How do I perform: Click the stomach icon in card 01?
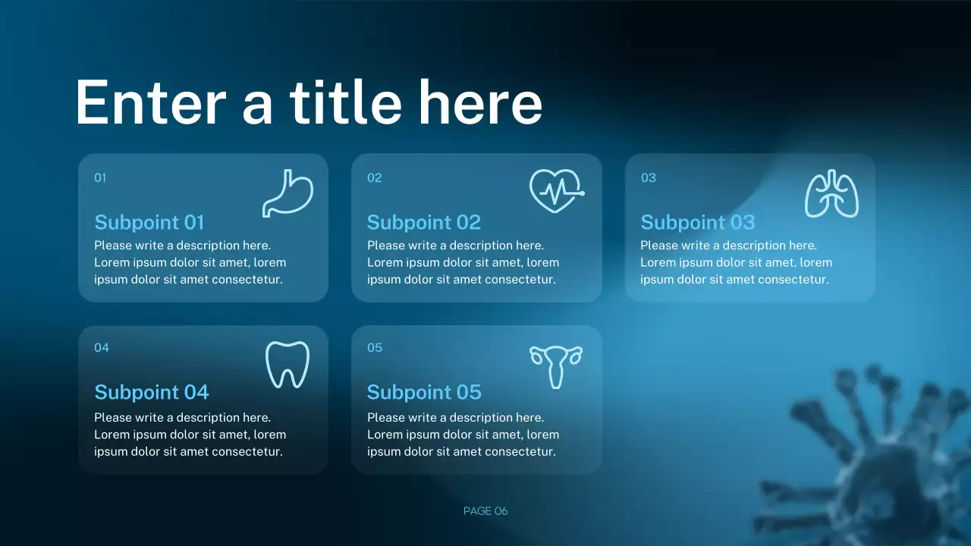coord(288,193)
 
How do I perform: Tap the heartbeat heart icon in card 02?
coord(557,190)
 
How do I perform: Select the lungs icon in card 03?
coord(831,195)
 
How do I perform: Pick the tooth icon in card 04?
coord(288,365)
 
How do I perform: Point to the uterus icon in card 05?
coord(556,366)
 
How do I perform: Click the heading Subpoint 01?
coord(149,222)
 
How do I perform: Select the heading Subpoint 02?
coord(424,222)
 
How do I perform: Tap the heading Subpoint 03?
coord(698,222)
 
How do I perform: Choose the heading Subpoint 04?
coord(152,392)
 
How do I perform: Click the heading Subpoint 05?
coord(424,392)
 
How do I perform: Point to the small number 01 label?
coord(100,178)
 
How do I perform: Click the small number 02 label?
coord(375,178)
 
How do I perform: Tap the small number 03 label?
coord(649,178)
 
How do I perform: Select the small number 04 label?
coord(102,348)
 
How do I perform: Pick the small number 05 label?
coord(375,348)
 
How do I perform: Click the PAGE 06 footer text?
coord(485,511)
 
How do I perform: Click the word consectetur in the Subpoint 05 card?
coord(520,452)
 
